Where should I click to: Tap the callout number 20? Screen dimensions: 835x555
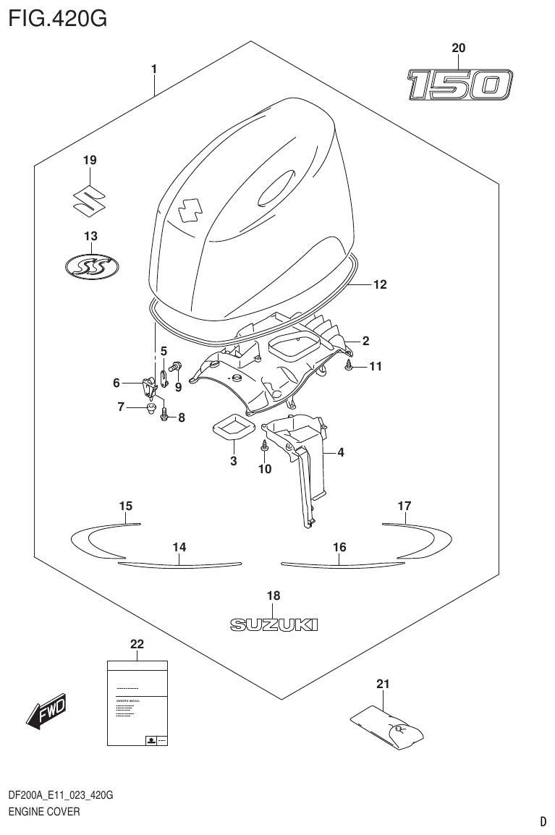tap(458, 48)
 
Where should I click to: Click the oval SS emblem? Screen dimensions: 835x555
tap(90, 267)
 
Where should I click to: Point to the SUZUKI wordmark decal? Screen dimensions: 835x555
tap(273, 624)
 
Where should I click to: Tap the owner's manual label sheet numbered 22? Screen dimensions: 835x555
tap(137, 703)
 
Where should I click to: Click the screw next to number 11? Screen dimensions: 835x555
tap(349, 366)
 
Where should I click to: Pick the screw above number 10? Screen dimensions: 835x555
tap(266, 447)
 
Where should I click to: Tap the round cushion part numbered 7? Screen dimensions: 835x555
tap(151, 410)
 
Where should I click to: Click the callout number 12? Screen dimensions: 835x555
tap(379, 285)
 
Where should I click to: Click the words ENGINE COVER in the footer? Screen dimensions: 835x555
tap(43, 812)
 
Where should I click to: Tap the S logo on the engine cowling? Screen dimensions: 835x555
tap(190, 210)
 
